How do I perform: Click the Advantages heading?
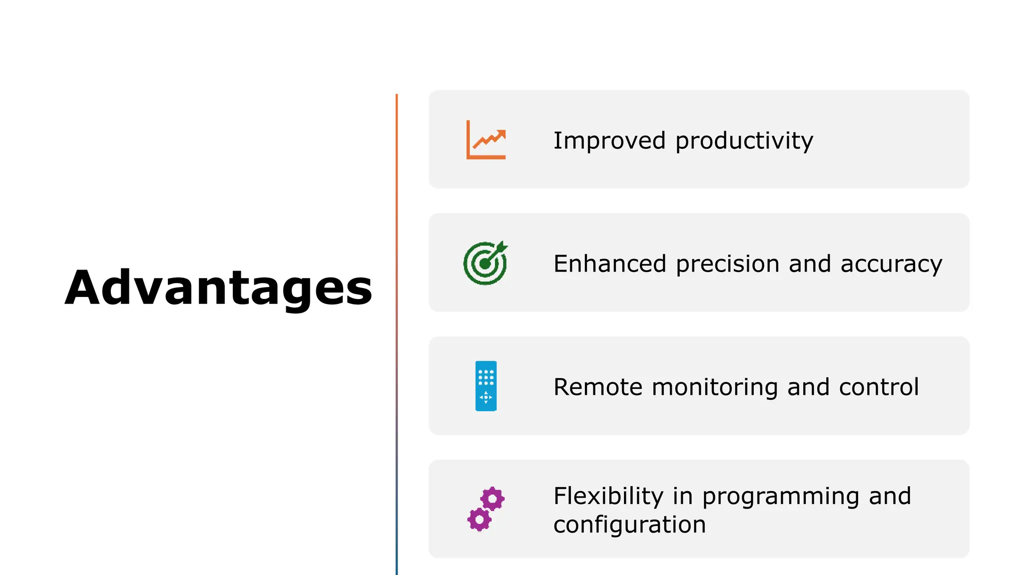(x=218, y=288)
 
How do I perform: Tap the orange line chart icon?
(x=486, y=140)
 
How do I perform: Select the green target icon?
(x=485, y=264)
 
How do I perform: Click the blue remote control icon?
(x=486, y=386)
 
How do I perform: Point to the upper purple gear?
(x=493, y=499)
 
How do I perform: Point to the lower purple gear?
(x=480, y=520)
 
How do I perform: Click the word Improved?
(x=609, y=140)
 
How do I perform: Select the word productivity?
(x=744, y=141)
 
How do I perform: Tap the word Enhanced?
(x=609, y=264)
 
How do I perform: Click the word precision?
(x=727, y=265)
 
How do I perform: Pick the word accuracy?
(x=891, y=265)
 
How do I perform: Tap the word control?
(x=879, y=387)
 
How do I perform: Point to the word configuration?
(x=629, y=525)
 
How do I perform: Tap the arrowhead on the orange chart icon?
(x=501, y=134)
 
